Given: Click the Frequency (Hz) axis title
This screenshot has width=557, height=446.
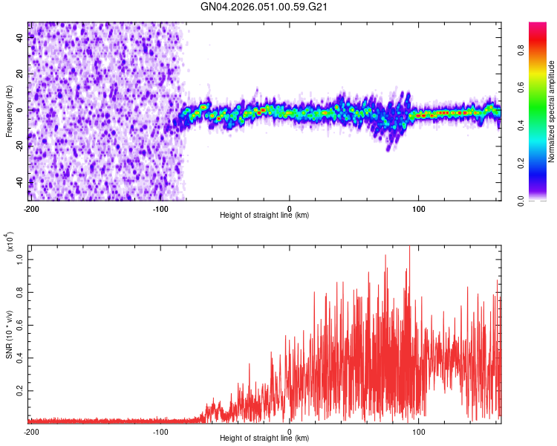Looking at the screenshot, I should (x=9, y=111).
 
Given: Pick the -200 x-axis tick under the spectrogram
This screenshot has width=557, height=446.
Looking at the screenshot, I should (x=30, y=207).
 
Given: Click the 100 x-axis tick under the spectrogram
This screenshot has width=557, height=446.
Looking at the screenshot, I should (x=419, y=207).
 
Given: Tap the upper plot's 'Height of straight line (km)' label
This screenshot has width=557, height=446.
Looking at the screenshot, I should (x=264, y=216).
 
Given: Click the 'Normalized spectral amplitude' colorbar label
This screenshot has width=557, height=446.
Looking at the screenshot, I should (x=552, y=111).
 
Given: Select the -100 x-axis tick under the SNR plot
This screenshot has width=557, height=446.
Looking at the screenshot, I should (x=160, y=430).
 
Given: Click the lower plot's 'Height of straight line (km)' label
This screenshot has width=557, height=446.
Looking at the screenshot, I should (x=264, y=439).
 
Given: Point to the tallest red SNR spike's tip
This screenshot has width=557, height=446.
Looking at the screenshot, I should (x=410, y=247).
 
